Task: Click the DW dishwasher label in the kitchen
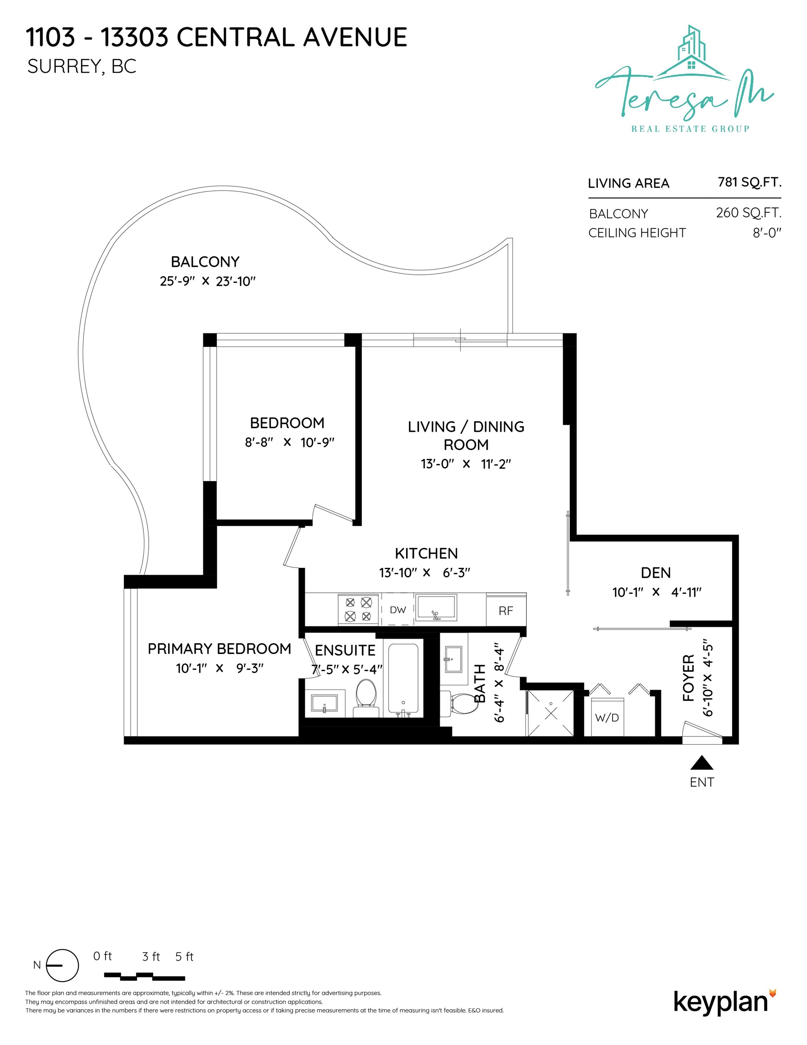coord(398,610)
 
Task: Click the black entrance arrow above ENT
coord(702,763)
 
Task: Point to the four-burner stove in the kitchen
coord(358,609)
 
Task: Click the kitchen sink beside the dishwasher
coord(436,608)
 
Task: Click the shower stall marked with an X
coord(550,713)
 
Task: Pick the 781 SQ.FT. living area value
coord(749,182)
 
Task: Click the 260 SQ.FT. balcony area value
coord(749,212)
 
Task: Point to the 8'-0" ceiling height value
coord(767,233)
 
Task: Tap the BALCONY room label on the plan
coord(205,262)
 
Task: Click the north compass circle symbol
coord(63,965)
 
